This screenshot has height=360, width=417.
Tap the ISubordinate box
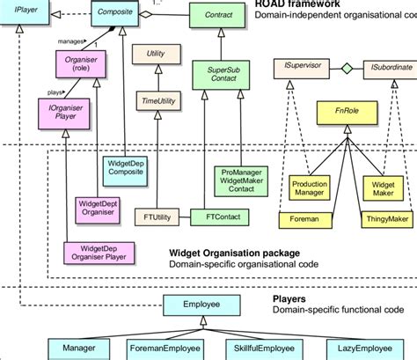(385, 67)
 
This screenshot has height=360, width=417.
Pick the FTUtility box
(156, 216)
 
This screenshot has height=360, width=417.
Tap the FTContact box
(217, 216)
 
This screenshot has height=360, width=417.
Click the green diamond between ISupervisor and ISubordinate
(347, 67)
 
